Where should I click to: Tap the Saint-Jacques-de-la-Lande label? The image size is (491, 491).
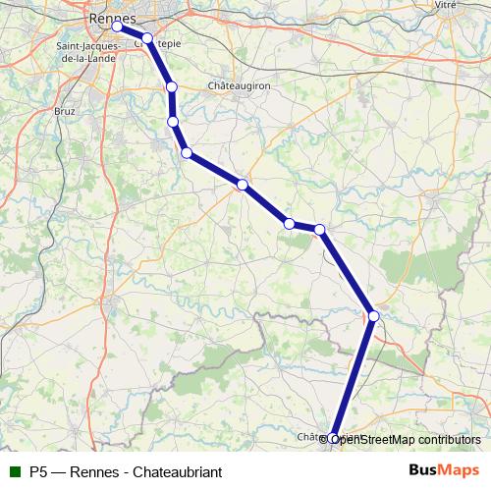tap(86, 52)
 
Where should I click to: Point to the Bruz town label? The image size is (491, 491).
tap(65, 112)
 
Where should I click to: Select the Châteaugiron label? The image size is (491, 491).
tap(239, 86)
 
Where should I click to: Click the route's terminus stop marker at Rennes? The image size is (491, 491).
tap(117, 27)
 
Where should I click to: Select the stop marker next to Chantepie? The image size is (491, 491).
tap(147, 38)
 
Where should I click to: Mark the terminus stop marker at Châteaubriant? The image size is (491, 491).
tap(334, 439)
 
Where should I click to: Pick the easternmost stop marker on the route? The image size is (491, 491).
tap(374, 315)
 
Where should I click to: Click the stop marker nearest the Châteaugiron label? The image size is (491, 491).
tap(172, 87)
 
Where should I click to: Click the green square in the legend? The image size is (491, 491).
tap(15, 471)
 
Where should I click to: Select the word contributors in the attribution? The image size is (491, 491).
tap(450, 440)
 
